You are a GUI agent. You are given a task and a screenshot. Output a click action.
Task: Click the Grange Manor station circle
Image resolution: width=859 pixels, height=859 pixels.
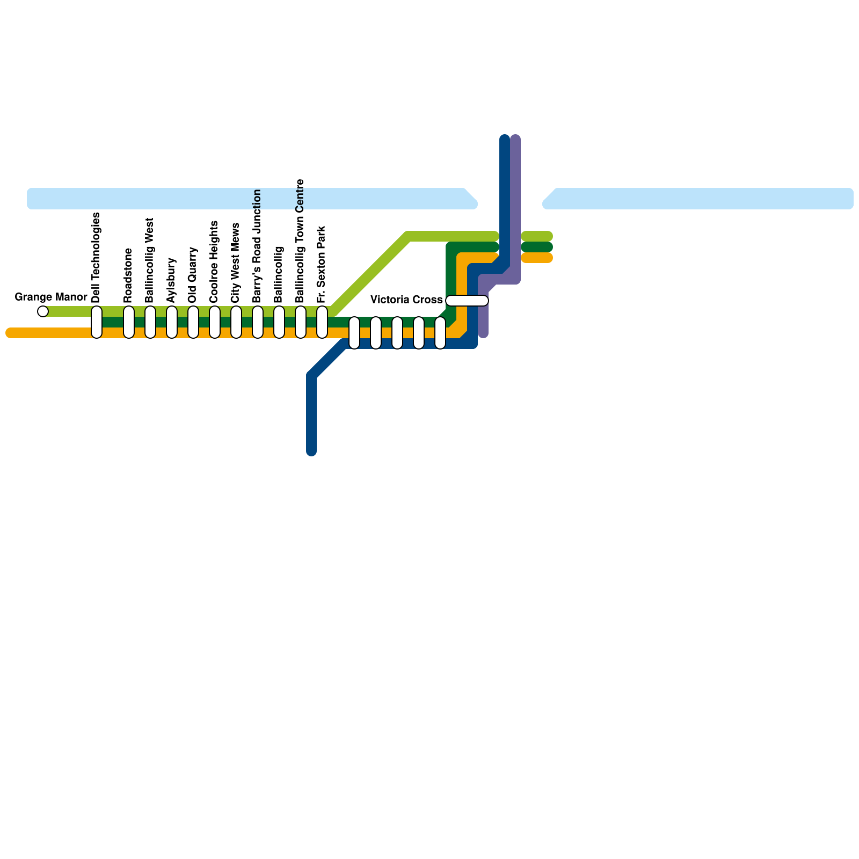point(43,311)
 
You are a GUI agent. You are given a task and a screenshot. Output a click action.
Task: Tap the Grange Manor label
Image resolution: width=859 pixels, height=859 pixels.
point(51,297)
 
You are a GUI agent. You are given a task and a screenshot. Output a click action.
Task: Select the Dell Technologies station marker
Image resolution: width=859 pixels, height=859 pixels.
point(97,322)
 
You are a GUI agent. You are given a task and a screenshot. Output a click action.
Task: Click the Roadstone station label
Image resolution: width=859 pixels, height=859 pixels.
point(128,275)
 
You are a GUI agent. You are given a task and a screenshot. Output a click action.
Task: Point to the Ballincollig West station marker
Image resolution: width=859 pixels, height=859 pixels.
point(150,322)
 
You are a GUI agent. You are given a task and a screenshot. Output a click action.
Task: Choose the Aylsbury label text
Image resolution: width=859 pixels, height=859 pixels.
point(171,280)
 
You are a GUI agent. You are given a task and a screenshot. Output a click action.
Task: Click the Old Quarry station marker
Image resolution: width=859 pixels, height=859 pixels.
point(193,322)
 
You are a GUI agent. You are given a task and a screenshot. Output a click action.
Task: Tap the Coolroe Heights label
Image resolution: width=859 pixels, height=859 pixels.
point(214,261)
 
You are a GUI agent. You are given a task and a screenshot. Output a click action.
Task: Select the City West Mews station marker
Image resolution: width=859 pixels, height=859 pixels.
point(236,322)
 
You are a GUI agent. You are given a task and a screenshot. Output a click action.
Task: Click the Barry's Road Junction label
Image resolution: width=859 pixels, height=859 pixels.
point(257,246)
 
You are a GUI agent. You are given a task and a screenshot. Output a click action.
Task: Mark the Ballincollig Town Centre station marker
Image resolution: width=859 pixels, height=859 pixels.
point(301,322)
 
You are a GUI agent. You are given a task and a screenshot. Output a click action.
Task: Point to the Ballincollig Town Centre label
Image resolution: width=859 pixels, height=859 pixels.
point(300,241)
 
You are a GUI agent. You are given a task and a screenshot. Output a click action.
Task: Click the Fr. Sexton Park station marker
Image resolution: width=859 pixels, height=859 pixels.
point(322,322)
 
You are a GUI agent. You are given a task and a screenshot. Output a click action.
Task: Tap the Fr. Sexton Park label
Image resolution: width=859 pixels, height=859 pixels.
point(321,264)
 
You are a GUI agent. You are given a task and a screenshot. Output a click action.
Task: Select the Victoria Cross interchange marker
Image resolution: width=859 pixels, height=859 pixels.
point(467,301)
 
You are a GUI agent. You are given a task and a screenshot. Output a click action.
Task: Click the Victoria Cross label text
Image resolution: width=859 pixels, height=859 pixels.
point(406,300)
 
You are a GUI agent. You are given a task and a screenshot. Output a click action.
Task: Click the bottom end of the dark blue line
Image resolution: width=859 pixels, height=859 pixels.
point(311,451)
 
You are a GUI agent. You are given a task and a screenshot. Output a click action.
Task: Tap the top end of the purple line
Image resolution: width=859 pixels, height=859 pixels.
point(515,139)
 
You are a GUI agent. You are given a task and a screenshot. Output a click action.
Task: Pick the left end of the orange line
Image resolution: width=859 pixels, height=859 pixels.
point(10,333)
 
